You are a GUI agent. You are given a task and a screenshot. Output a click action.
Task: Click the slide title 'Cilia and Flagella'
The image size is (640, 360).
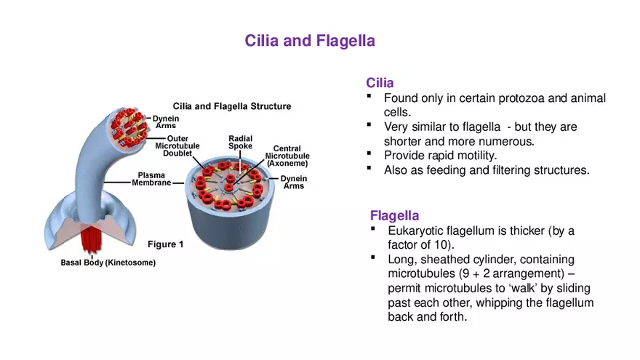[310, 41]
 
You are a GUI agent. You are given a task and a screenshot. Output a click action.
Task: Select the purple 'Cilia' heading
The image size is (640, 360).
[380, 84]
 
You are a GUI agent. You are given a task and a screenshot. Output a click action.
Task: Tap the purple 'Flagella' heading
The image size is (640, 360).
[394, 215]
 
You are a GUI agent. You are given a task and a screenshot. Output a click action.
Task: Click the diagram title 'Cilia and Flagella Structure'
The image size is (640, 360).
[231, 106]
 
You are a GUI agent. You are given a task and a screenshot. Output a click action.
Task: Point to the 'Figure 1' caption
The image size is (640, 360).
[166, 244]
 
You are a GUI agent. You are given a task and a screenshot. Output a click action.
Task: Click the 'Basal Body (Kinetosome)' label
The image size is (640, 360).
[108, 263]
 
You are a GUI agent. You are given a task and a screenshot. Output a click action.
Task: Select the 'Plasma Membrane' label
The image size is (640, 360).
[151, 179]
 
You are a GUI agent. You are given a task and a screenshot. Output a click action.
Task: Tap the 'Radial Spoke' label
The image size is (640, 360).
[240, 142]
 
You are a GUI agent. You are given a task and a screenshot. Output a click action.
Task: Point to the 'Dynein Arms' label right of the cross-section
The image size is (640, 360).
[294, 183]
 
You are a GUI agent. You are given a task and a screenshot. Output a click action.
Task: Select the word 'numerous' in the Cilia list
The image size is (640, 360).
[510, 141]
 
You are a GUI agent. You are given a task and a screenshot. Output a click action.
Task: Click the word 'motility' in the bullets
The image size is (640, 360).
[495, 156]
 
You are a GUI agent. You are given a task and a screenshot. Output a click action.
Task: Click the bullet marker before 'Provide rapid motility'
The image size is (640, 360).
[369, 153]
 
